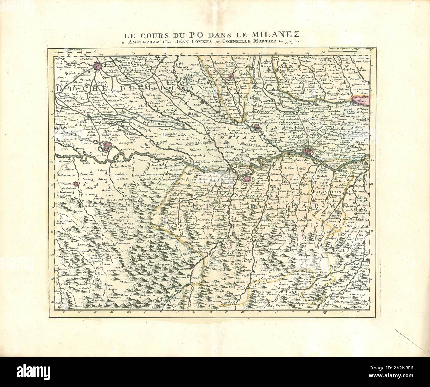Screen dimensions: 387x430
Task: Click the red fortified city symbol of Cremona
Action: click(308, 151)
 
